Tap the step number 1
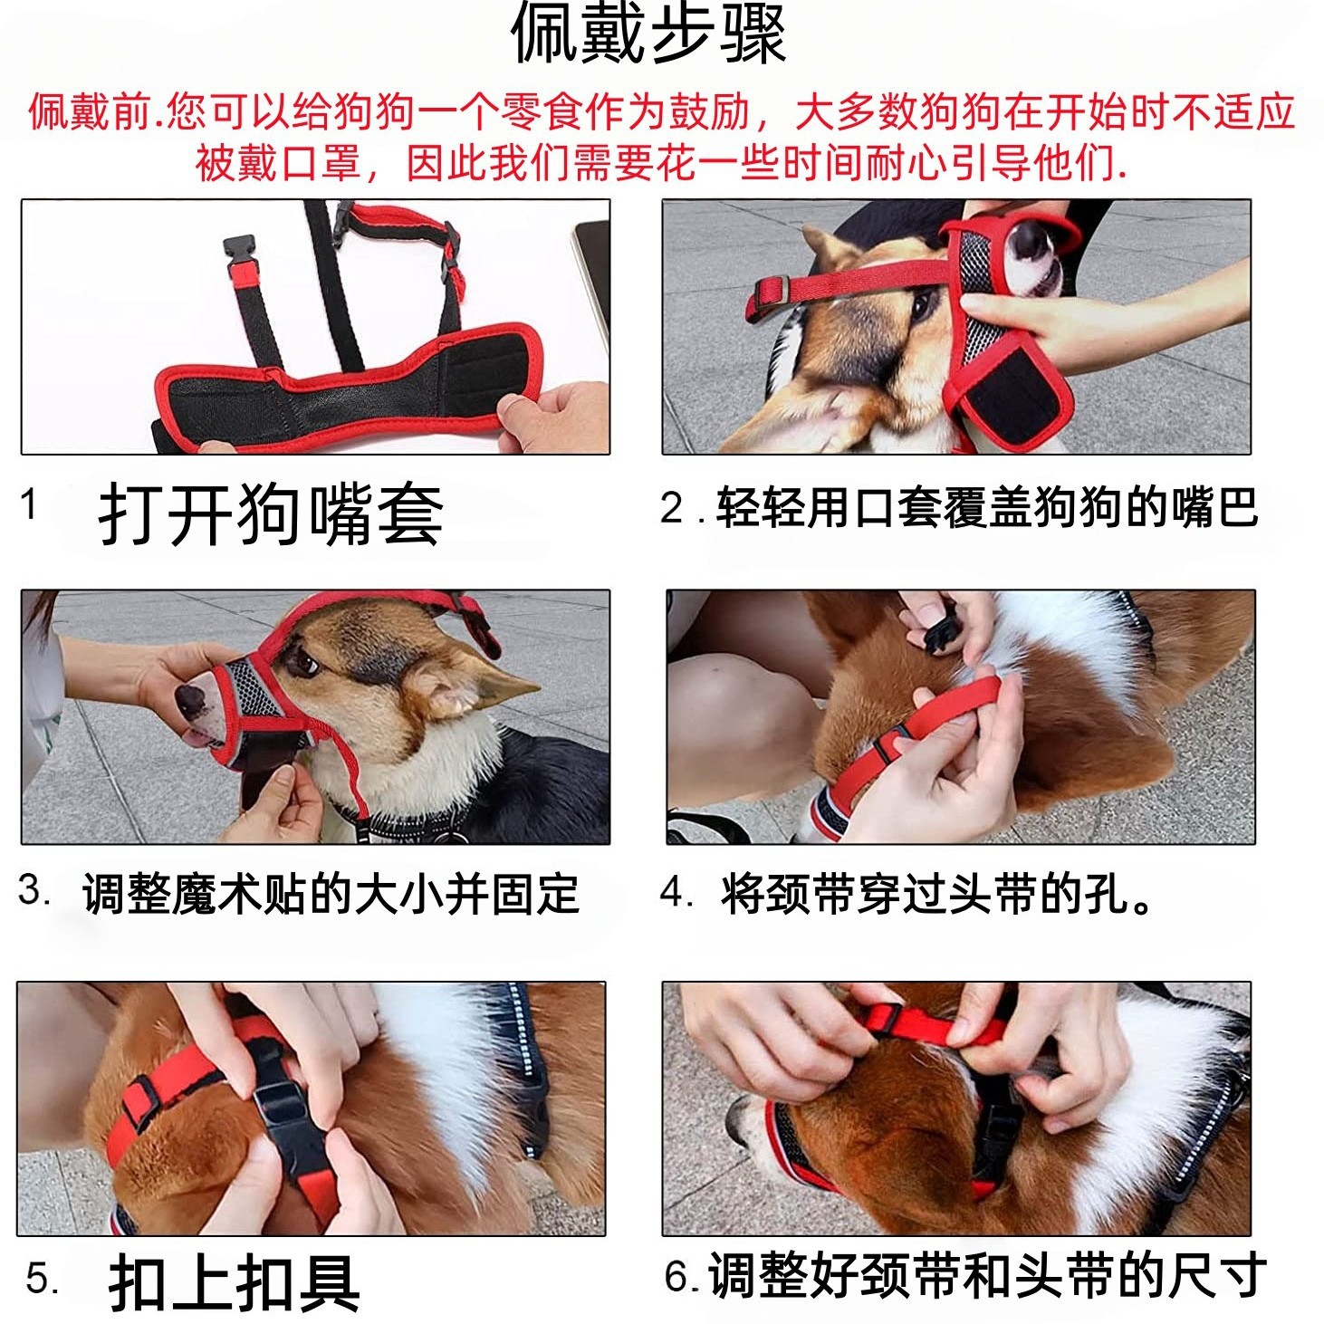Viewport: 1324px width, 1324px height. [x=28, y=505]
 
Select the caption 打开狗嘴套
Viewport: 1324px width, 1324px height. [x=270, y=515]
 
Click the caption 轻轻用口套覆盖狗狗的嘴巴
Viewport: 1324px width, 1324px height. [x=986, y=508]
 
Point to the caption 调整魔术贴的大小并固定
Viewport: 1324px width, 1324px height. [x=331, y=894]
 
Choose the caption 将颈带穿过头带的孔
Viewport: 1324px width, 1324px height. [x=926, y=894]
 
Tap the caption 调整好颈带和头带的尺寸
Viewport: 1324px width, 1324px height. [x=987, y=1275]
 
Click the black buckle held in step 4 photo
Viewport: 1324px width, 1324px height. [x=940, y=629]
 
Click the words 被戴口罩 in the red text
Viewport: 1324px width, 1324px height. [x=277, y=164]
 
